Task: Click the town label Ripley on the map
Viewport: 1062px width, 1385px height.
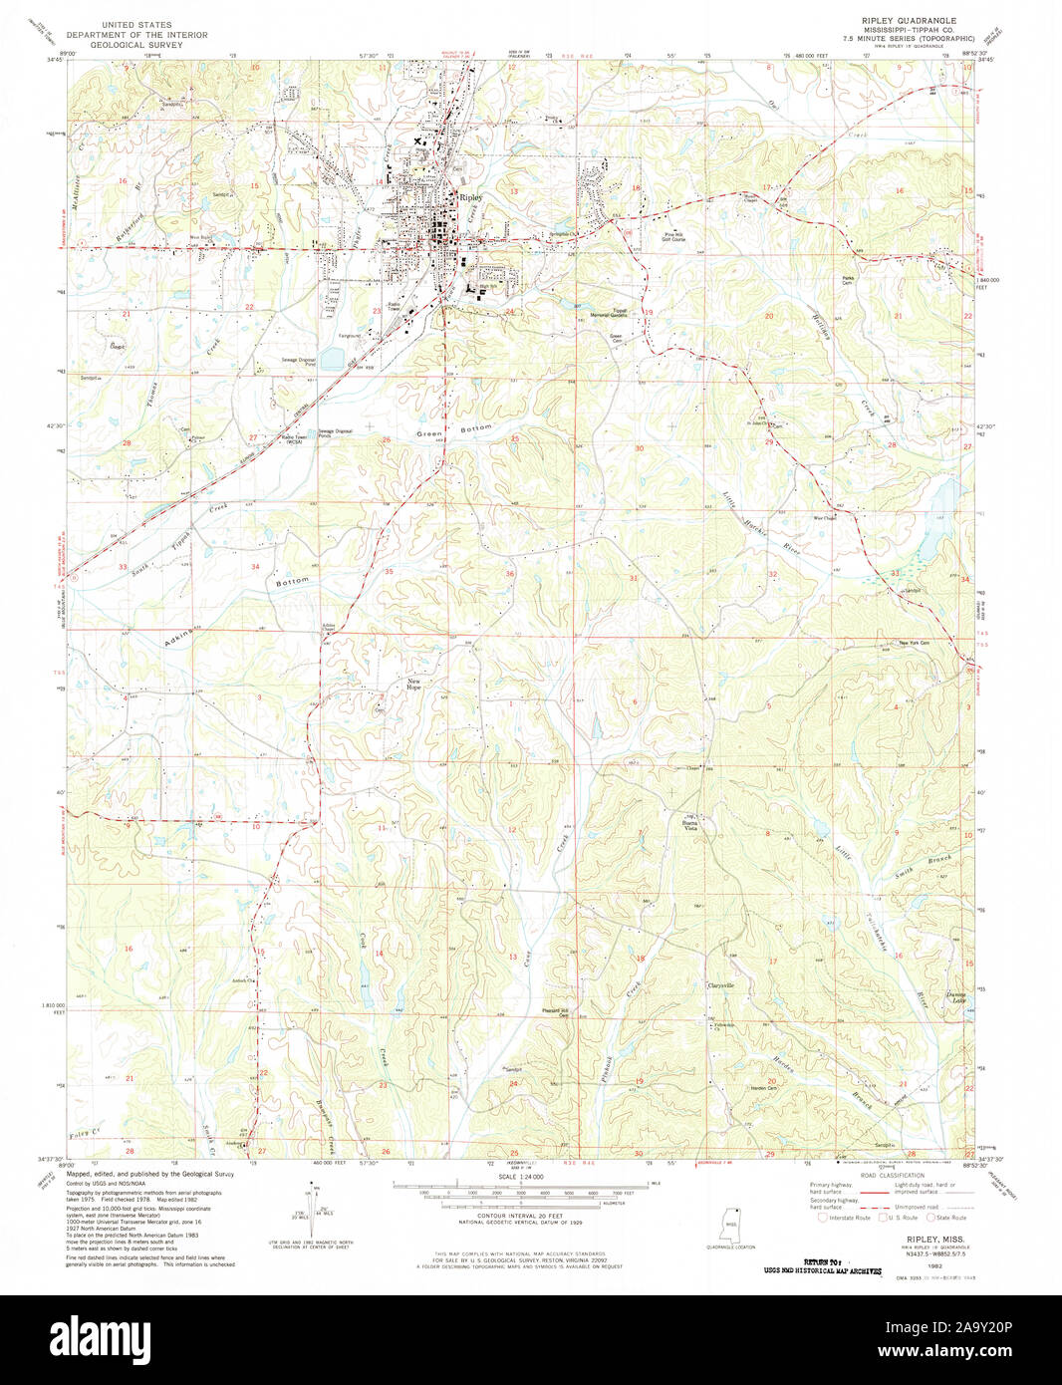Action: tap(470, 197)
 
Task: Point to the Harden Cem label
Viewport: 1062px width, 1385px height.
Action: tap(763, 1087)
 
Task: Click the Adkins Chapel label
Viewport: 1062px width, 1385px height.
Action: tap(328, 628)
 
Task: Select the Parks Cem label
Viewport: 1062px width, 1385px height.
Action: tap(848, 280)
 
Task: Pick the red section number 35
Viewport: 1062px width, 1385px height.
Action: tap(389, 572)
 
